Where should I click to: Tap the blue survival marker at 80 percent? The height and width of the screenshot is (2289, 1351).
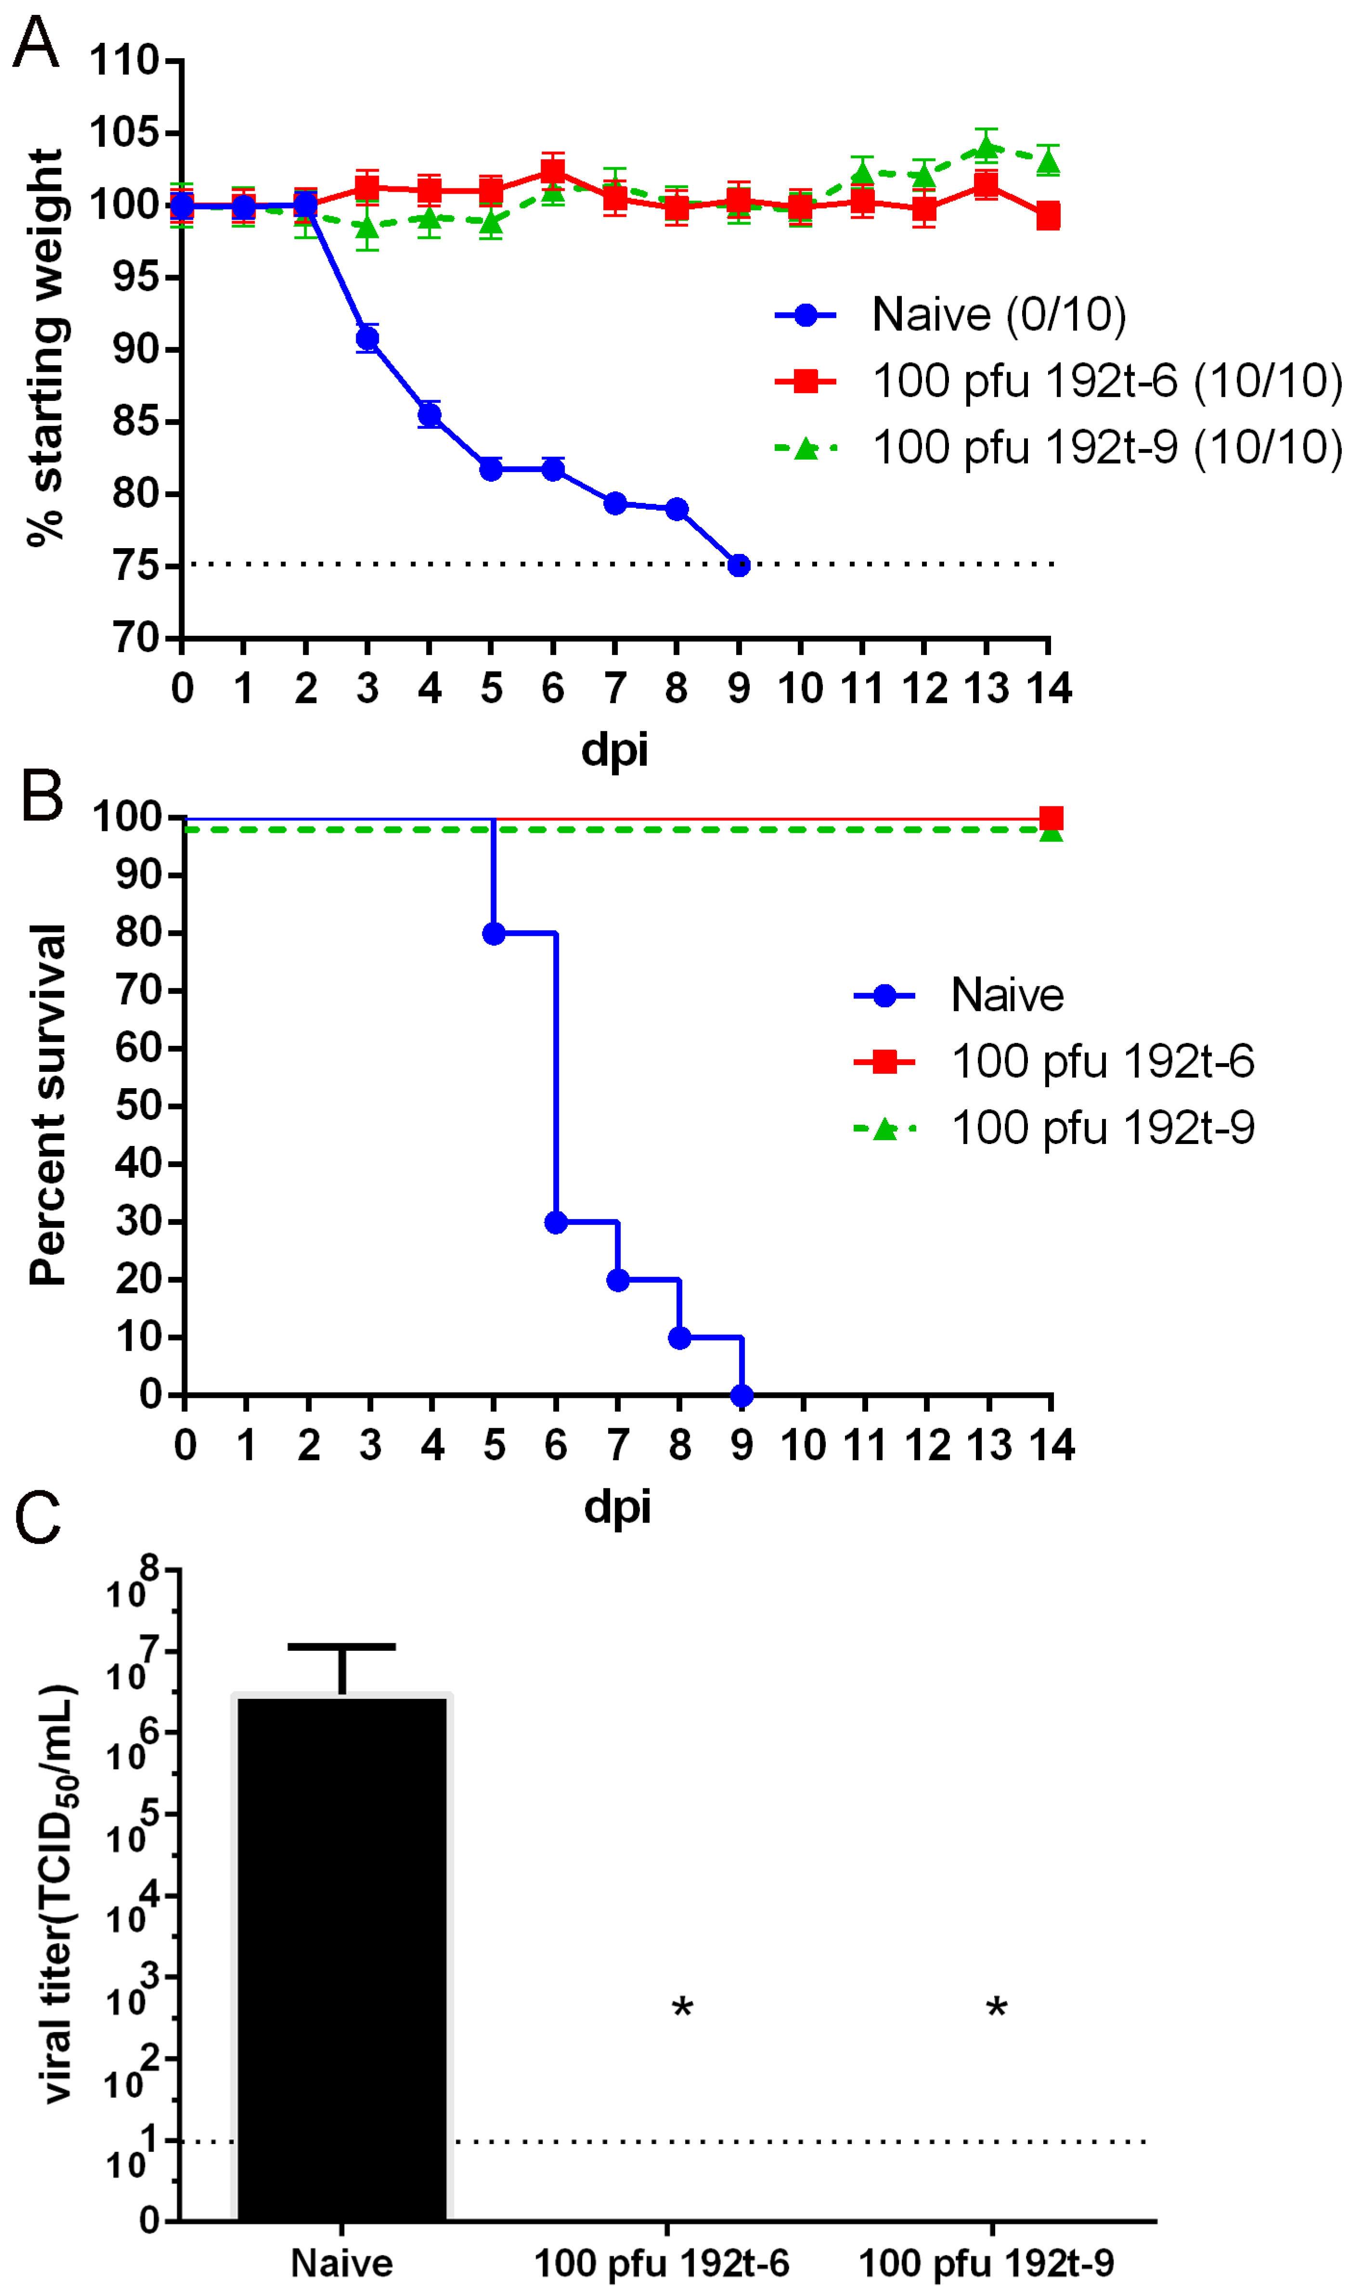point(494,933)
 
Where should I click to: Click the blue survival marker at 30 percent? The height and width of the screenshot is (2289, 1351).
point(555,1222)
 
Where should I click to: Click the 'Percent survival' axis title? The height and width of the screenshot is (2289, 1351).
point(47,1105)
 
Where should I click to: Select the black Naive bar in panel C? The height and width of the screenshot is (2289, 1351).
point(342,1958)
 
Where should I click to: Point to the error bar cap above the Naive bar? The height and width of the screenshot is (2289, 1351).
point(342,1646)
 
